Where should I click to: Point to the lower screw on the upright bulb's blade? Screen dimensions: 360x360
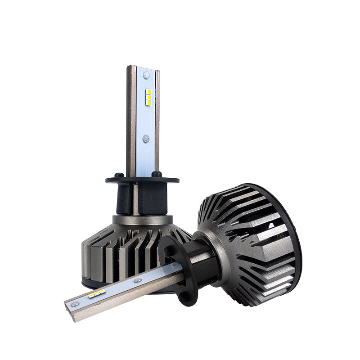[146, 139]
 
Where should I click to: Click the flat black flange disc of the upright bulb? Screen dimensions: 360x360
[135, 180]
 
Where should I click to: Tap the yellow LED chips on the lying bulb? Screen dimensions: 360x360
[97, 294]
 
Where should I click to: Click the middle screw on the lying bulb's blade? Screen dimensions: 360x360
[138, 280]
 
